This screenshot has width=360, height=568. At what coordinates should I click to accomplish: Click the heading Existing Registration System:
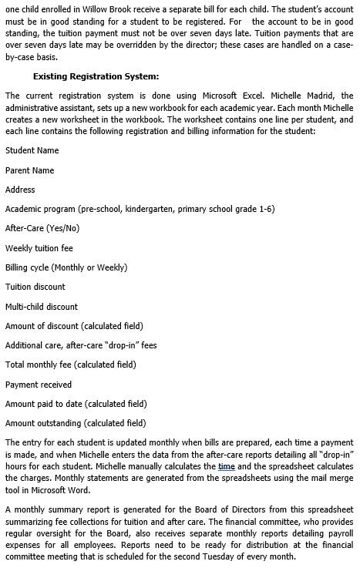(96, 76)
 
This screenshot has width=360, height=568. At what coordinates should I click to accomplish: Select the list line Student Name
(32, 150)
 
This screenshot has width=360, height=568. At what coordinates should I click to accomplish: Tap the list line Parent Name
(29, 170)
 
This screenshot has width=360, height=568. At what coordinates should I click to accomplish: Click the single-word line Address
(20, 190)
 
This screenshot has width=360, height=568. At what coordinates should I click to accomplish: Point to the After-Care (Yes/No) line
(42, 228)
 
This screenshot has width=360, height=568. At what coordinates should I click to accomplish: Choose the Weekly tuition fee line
(39, 248)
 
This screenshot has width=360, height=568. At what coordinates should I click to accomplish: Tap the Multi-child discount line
(42, 307)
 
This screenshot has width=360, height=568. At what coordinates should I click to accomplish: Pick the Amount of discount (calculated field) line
(74, 326)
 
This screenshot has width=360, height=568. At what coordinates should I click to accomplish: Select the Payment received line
(39, 385)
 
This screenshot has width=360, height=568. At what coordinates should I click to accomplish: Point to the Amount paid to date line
(76, 404)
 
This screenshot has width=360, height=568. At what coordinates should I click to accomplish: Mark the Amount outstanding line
(76, 423)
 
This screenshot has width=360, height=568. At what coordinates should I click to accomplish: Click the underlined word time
(226, 467)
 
